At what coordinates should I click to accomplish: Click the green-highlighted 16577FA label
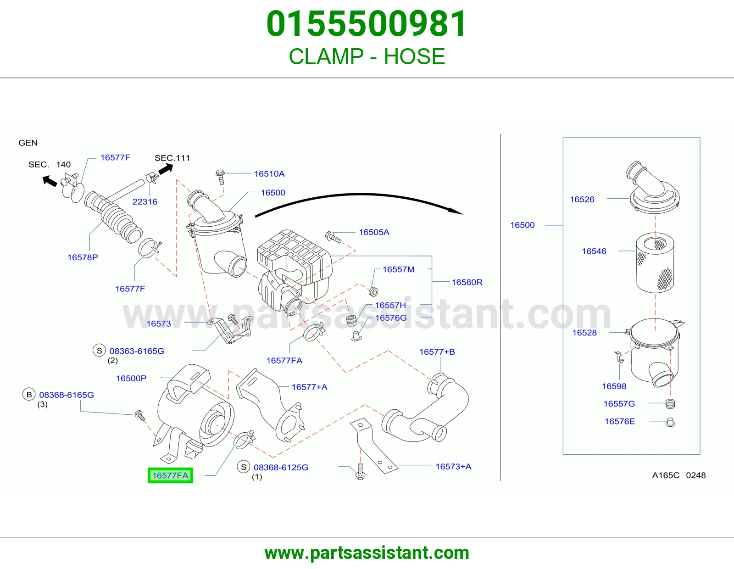[170, 475]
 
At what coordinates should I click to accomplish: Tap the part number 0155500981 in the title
[367, 24]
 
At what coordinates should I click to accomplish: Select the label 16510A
[269, 173]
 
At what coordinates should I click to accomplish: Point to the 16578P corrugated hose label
[83, 257]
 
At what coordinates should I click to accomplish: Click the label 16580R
[467, 282]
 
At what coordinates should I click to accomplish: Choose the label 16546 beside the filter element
[594, 251]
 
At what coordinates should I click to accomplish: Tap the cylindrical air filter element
[655, 262]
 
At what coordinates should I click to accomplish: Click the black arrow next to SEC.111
[166, 169]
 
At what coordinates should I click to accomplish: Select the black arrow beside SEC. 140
[50, 181]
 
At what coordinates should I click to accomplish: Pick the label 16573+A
[453, 467]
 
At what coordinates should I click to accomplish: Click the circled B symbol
[29, 394]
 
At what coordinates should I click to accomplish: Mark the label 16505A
[374, 232]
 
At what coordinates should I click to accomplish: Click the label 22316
[145, 202]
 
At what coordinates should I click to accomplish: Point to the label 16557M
[399, 269]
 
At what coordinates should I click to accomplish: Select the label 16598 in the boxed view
[614, 386]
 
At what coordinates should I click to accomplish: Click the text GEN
[28, 143]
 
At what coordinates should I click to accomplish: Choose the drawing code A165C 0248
[679, 475]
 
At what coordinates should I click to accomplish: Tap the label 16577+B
[437, 352]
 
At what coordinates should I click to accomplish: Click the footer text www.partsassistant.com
[367, 553]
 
